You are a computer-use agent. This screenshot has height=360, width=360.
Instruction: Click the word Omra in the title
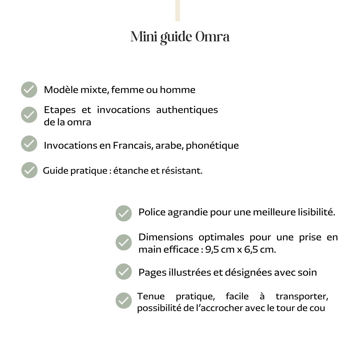212,37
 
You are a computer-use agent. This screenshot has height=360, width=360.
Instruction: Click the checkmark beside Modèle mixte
29,90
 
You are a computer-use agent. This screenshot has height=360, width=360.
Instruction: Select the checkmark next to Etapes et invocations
29,115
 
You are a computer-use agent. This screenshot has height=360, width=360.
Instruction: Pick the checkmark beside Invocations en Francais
29,144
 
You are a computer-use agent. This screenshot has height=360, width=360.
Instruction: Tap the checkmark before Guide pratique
29,170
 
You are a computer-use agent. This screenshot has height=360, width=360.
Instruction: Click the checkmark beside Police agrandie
124,213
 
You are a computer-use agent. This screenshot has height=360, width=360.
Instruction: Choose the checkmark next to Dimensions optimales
124,242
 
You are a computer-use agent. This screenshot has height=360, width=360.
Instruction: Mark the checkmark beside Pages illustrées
124,271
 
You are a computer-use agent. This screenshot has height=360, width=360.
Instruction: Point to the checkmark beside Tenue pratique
124,301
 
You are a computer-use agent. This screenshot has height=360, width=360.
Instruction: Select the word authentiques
187,110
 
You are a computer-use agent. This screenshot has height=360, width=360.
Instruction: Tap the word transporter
302,296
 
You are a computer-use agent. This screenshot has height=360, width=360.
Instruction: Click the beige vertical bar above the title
177,10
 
